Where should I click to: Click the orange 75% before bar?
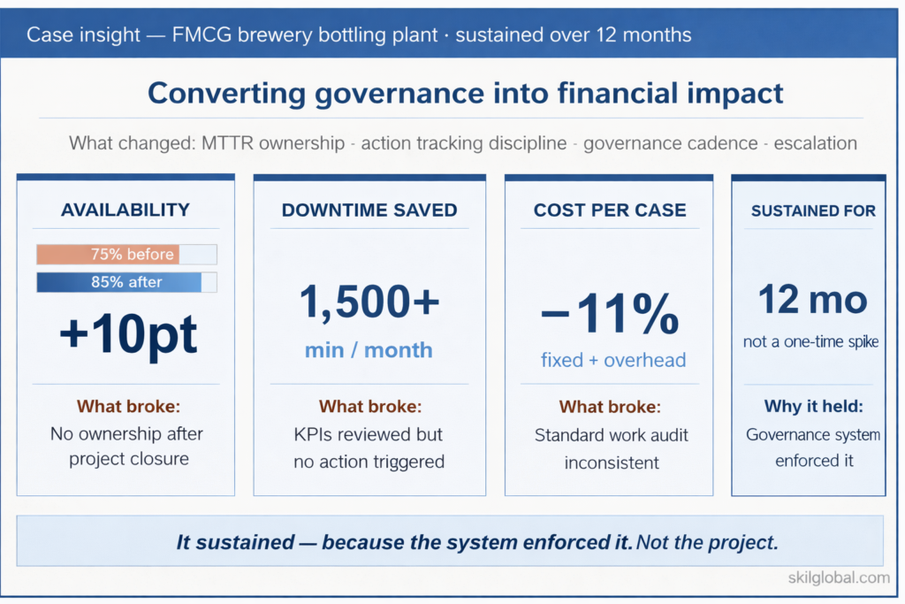(108, 255)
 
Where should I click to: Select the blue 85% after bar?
(118, 283)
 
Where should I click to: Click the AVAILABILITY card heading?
(125, 210)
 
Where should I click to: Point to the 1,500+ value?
(369, 302)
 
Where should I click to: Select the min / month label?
(369, 349)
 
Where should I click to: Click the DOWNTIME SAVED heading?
(369, 210)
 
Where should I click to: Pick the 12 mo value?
(811, 301)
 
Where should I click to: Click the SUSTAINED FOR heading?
(813, 210)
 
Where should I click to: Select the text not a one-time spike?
(811, 341)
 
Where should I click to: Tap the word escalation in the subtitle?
(815, 143)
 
